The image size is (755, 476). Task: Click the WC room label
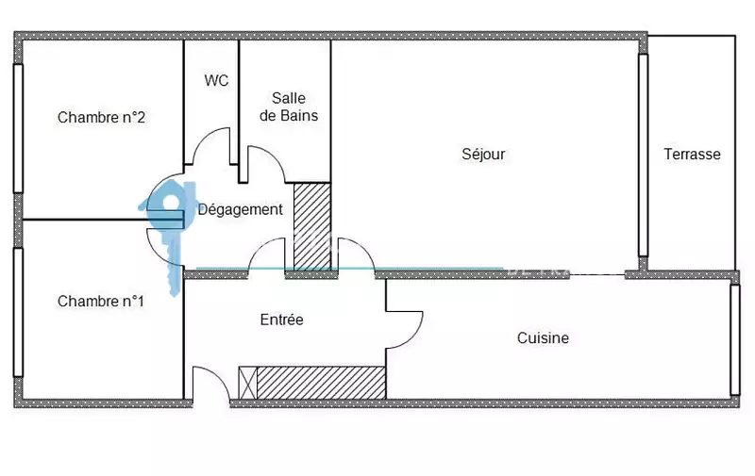click(x=216, y=80)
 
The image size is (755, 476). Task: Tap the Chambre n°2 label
click(x=101, y=117)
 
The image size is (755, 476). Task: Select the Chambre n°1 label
click(x=101, y=302)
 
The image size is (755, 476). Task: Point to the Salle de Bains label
click(x=289, y=107)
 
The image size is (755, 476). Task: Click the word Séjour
click(x=483, y=154)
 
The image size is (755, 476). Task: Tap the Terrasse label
click(x=692, y=155)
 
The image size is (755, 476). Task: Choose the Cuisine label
click(x=543, y=338)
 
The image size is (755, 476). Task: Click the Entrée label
click(x=281, y=320)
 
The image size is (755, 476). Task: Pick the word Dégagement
click(x=241, y=209)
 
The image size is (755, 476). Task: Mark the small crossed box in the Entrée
click(x=248, y=383)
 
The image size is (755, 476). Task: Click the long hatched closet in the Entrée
click(x=321, y=383)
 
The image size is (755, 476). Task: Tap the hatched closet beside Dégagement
click(x=312, y=227)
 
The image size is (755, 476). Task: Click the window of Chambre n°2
click(x=18, y=128)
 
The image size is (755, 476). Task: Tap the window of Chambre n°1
click(x=18, y=313)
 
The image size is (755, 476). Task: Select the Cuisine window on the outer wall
click(x=735, y=339)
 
